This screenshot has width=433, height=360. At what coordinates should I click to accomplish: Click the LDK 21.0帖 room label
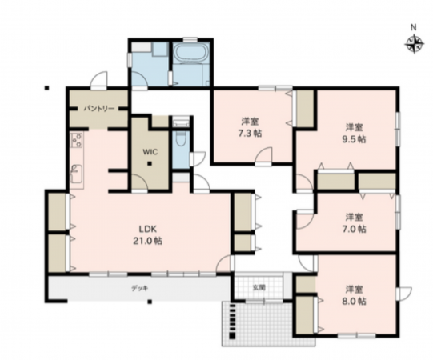coord(147,235)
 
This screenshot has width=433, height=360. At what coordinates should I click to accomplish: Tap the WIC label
coord(150,152)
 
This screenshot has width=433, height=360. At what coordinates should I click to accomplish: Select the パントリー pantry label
coord(99,109)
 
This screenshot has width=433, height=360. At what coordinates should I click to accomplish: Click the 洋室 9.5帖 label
coord(355,133)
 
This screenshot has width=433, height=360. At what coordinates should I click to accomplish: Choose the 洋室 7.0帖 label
coord(355,223)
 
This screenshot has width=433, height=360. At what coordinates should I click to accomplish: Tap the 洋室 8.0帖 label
coord(355,295)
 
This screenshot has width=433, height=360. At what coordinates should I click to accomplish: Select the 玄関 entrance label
coord(259,287)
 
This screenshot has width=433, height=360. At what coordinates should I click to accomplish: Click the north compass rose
coord(415,44)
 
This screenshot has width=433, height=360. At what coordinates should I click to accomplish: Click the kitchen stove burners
coord(77,140)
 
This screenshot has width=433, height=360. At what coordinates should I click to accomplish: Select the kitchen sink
coord(77,174)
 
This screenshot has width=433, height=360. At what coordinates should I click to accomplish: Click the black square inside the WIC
coord(150,163)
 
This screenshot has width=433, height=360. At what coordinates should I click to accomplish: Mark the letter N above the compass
coord(414,27)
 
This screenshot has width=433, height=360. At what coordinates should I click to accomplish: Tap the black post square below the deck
coord(150,302)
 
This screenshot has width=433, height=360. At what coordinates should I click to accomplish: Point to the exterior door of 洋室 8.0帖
coord(403,294)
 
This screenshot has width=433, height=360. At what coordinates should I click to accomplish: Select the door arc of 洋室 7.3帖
coord(263,156)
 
